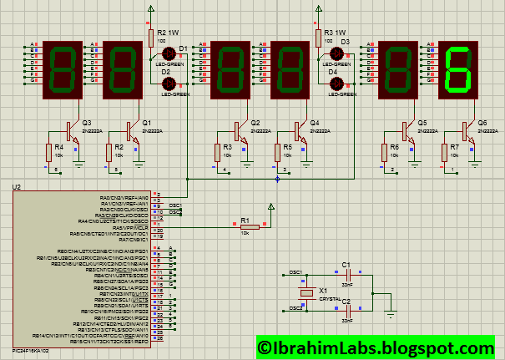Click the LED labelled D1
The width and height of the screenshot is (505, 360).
[166, 53]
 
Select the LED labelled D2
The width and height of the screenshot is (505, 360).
[166, 84]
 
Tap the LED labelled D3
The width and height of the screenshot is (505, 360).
[333, 53]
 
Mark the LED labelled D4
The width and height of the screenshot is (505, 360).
[333, 84]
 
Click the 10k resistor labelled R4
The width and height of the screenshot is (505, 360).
[48, 152]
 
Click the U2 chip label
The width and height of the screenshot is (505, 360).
[18, 185]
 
